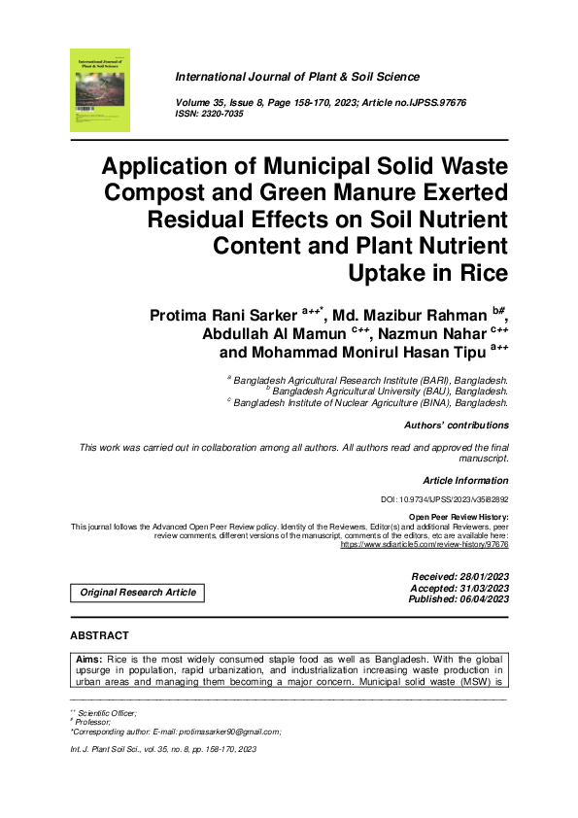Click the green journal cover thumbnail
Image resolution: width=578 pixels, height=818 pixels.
[99, 90]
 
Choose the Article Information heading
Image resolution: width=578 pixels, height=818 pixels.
[465, 481]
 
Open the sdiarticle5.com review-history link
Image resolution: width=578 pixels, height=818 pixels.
[424, 545]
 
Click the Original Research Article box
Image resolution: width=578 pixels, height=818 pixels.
[137, 592]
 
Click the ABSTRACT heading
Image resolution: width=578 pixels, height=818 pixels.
[99, 635]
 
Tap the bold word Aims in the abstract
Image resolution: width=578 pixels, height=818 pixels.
[89, 658]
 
